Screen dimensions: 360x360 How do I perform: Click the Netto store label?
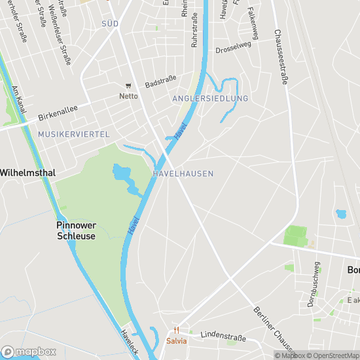(128, 96)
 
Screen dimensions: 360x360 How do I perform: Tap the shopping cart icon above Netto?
(128, 86)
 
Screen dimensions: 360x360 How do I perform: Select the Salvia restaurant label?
(176, 340)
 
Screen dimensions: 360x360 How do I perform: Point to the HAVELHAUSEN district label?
(183, 173)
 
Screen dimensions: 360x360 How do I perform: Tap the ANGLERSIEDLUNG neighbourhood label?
(210, 98)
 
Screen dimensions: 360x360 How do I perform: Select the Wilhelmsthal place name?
(27, 172)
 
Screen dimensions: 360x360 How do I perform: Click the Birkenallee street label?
(58, 113)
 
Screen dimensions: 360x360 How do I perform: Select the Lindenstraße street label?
(223, 336)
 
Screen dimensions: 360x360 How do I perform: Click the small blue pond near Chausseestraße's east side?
(340, 214)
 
